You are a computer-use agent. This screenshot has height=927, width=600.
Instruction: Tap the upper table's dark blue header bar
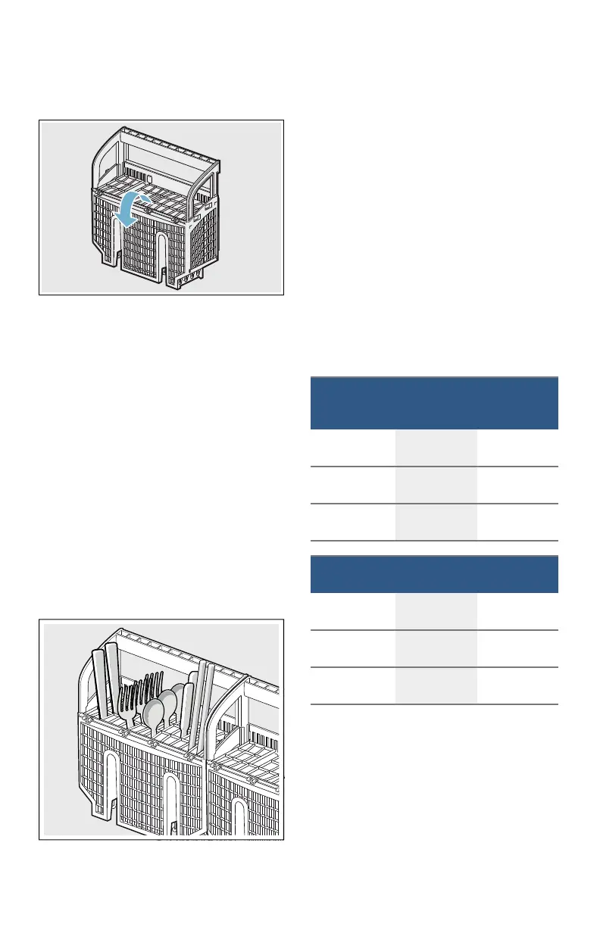coord(434,403)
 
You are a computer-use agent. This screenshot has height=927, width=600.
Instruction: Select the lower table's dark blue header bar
coord(434,574)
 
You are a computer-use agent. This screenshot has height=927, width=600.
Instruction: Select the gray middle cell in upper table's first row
coord(436,448)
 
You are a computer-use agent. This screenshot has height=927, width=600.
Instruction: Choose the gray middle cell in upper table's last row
coord(436,522)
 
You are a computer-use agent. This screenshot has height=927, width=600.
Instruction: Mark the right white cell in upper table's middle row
coord(517,485)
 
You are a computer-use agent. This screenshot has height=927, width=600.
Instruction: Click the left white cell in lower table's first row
coord(352,611)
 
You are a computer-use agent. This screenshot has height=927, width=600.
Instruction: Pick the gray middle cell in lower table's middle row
coord(436,648)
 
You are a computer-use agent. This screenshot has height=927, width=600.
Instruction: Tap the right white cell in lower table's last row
coord(517,685)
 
